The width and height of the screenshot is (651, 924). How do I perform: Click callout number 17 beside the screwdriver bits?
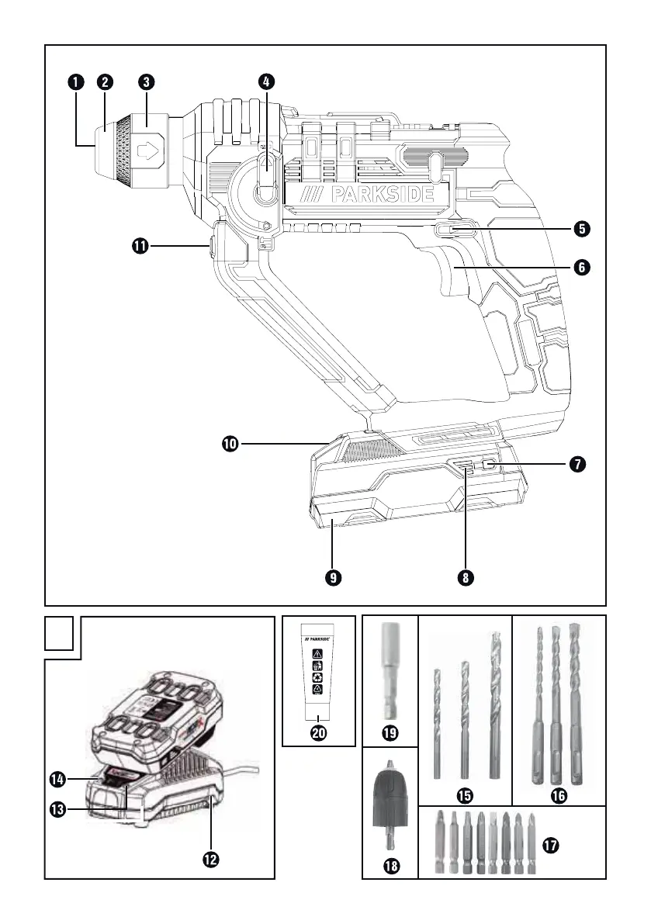point(551,846)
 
